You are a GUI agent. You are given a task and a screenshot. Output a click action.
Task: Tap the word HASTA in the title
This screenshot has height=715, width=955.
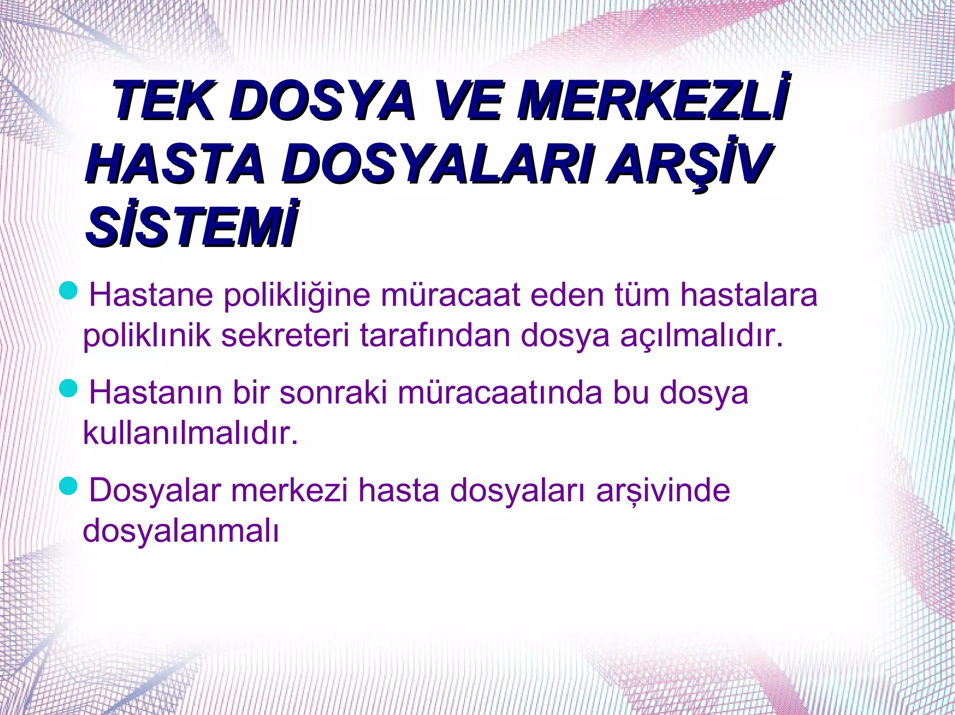(175, 163)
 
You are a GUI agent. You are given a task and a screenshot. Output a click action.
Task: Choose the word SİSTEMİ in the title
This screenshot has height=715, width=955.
(191, 228)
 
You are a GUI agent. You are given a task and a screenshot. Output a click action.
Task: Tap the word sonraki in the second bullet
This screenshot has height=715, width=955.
(333, 393)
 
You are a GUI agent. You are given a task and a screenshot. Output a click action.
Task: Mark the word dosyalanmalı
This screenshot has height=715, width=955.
(181, 531)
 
